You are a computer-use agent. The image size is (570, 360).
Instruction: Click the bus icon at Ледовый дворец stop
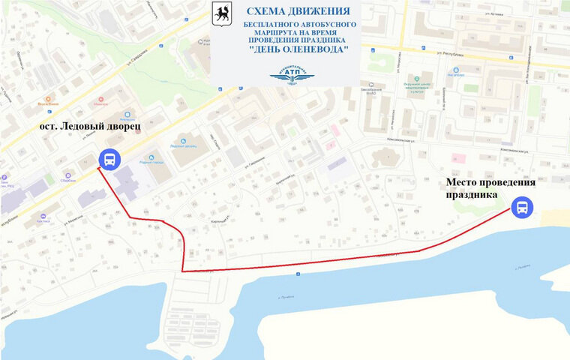point(109,159)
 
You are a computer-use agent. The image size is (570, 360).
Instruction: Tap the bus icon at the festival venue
point(521,207)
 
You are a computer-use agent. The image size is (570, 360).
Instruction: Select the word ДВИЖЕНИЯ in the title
point(320,12)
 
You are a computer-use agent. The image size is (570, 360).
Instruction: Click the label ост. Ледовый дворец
point(89,128)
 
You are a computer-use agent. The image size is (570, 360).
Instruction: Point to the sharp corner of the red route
point(182,270)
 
